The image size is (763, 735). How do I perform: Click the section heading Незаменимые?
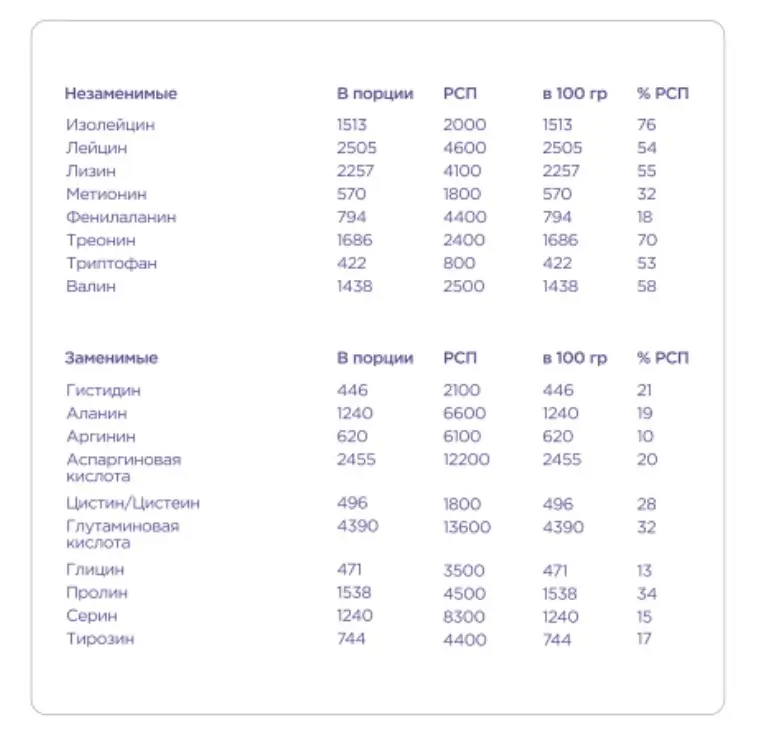click(120, 94)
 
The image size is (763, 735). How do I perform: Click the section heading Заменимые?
click(111, 358)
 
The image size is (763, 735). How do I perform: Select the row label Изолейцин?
click(110, 125)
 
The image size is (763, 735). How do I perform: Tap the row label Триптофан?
click(111, 263)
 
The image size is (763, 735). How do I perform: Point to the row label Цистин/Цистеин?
click(133, 503)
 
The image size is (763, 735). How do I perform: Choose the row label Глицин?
click(96, 570)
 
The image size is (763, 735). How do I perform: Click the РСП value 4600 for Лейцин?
click(464, 148)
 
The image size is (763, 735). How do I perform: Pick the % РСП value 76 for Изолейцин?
click(646, 125)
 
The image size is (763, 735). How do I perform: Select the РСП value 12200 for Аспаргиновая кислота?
click(468, 459)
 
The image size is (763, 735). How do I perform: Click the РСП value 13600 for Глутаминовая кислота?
click(468, 526)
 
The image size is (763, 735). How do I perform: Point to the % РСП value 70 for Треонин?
click(646, 240)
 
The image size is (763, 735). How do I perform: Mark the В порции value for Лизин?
click(356, 171)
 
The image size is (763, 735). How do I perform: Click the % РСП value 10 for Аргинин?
click(645, 436)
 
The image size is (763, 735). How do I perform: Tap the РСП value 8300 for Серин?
click(464, 617)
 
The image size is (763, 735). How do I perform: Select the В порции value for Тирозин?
click(351, 639)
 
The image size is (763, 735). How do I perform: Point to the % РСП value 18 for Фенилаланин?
click(645, 217)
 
